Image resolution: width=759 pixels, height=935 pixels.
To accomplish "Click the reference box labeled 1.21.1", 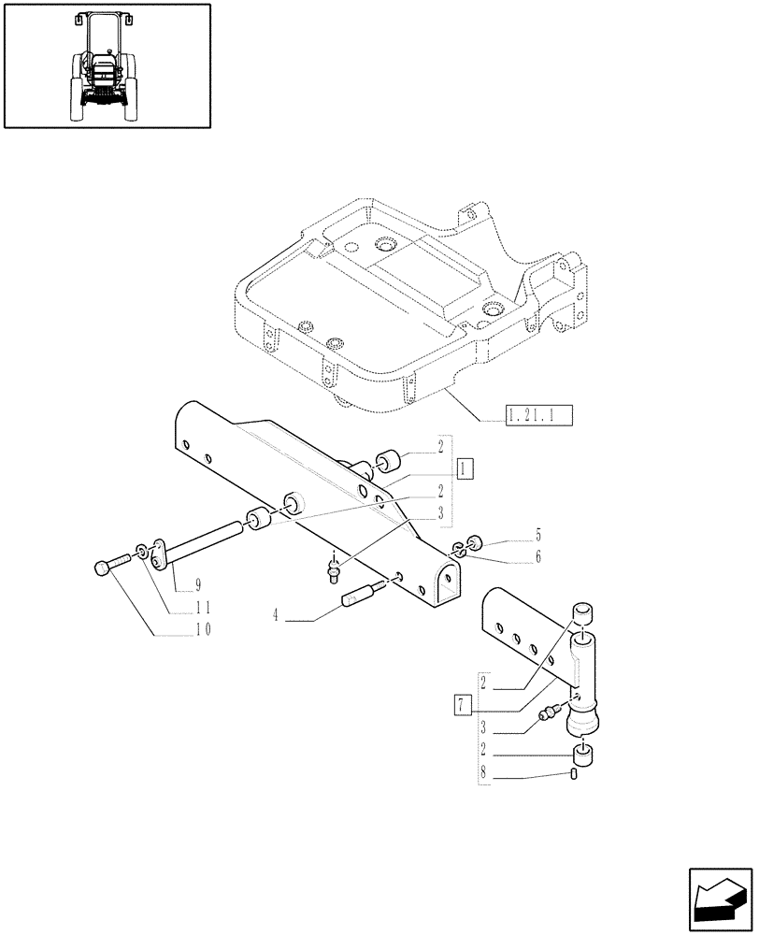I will (x=537, y=414).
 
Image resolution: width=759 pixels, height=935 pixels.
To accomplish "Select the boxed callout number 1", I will (x=466, y=467).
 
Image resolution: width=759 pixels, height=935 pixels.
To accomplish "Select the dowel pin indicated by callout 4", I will (x=364, y=596).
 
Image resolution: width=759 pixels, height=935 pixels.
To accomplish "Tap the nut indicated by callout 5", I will (x=474, y=542).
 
